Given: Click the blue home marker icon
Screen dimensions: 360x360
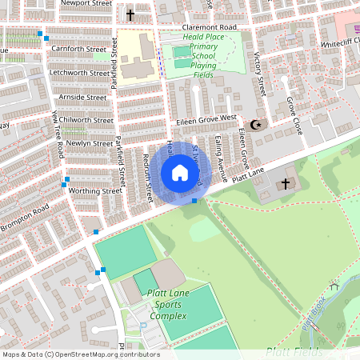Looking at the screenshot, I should (x=180, y=173).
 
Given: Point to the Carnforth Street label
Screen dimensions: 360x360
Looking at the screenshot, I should (x=78, y=49).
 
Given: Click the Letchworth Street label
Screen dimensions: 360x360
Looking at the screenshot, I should (x=78, y=73).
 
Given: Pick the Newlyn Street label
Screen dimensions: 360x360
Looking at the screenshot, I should (x=89, y=143).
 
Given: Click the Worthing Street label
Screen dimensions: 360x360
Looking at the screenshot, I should (x=95, y=191).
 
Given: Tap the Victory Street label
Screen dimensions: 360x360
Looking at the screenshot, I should (x=258, y=74).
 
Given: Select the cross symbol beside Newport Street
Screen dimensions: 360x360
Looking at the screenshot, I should (x=130, y=15).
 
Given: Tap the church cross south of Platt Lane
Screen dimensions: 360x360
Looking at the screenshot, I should (x=285, y=185).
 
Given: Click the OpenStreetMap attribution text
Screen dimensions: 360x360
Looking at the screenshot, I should (x=81, y=354).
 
